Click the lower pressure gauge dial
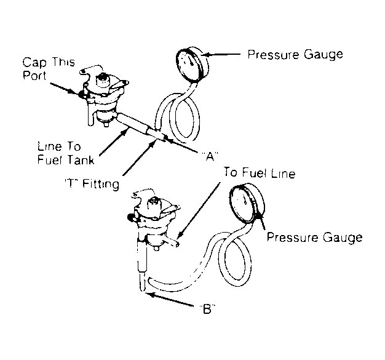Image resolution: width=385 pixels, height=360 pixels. (247, 202)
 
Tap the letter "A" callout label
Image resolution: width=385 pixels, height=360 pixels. (210, 156)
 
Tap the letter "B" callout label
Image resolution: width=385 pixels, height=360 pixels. (207, 309)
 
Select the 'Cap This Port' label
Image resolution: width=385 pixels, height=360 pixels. (49, 68)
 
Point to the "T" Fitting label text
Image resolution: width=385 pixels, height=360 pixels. (92, 184)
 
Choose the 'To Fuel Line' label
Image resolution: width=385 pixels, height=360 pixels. (259, 173)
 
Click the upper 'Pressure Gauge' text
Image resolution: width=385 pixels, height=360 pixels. (295, 55)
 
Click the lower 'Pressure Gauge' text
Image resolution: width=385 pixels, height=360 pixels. (314, 238)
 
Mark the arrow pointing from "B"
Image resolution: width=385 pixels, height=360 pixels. (170, 299)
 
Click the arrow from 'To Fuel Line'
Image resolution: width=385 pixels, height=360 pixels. (199, 210)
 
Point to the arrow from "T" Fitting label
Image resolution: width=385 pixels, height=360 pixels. (140, 158)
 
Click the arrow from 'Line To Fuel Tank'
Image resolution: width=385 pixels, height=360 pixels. (114, 143)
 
